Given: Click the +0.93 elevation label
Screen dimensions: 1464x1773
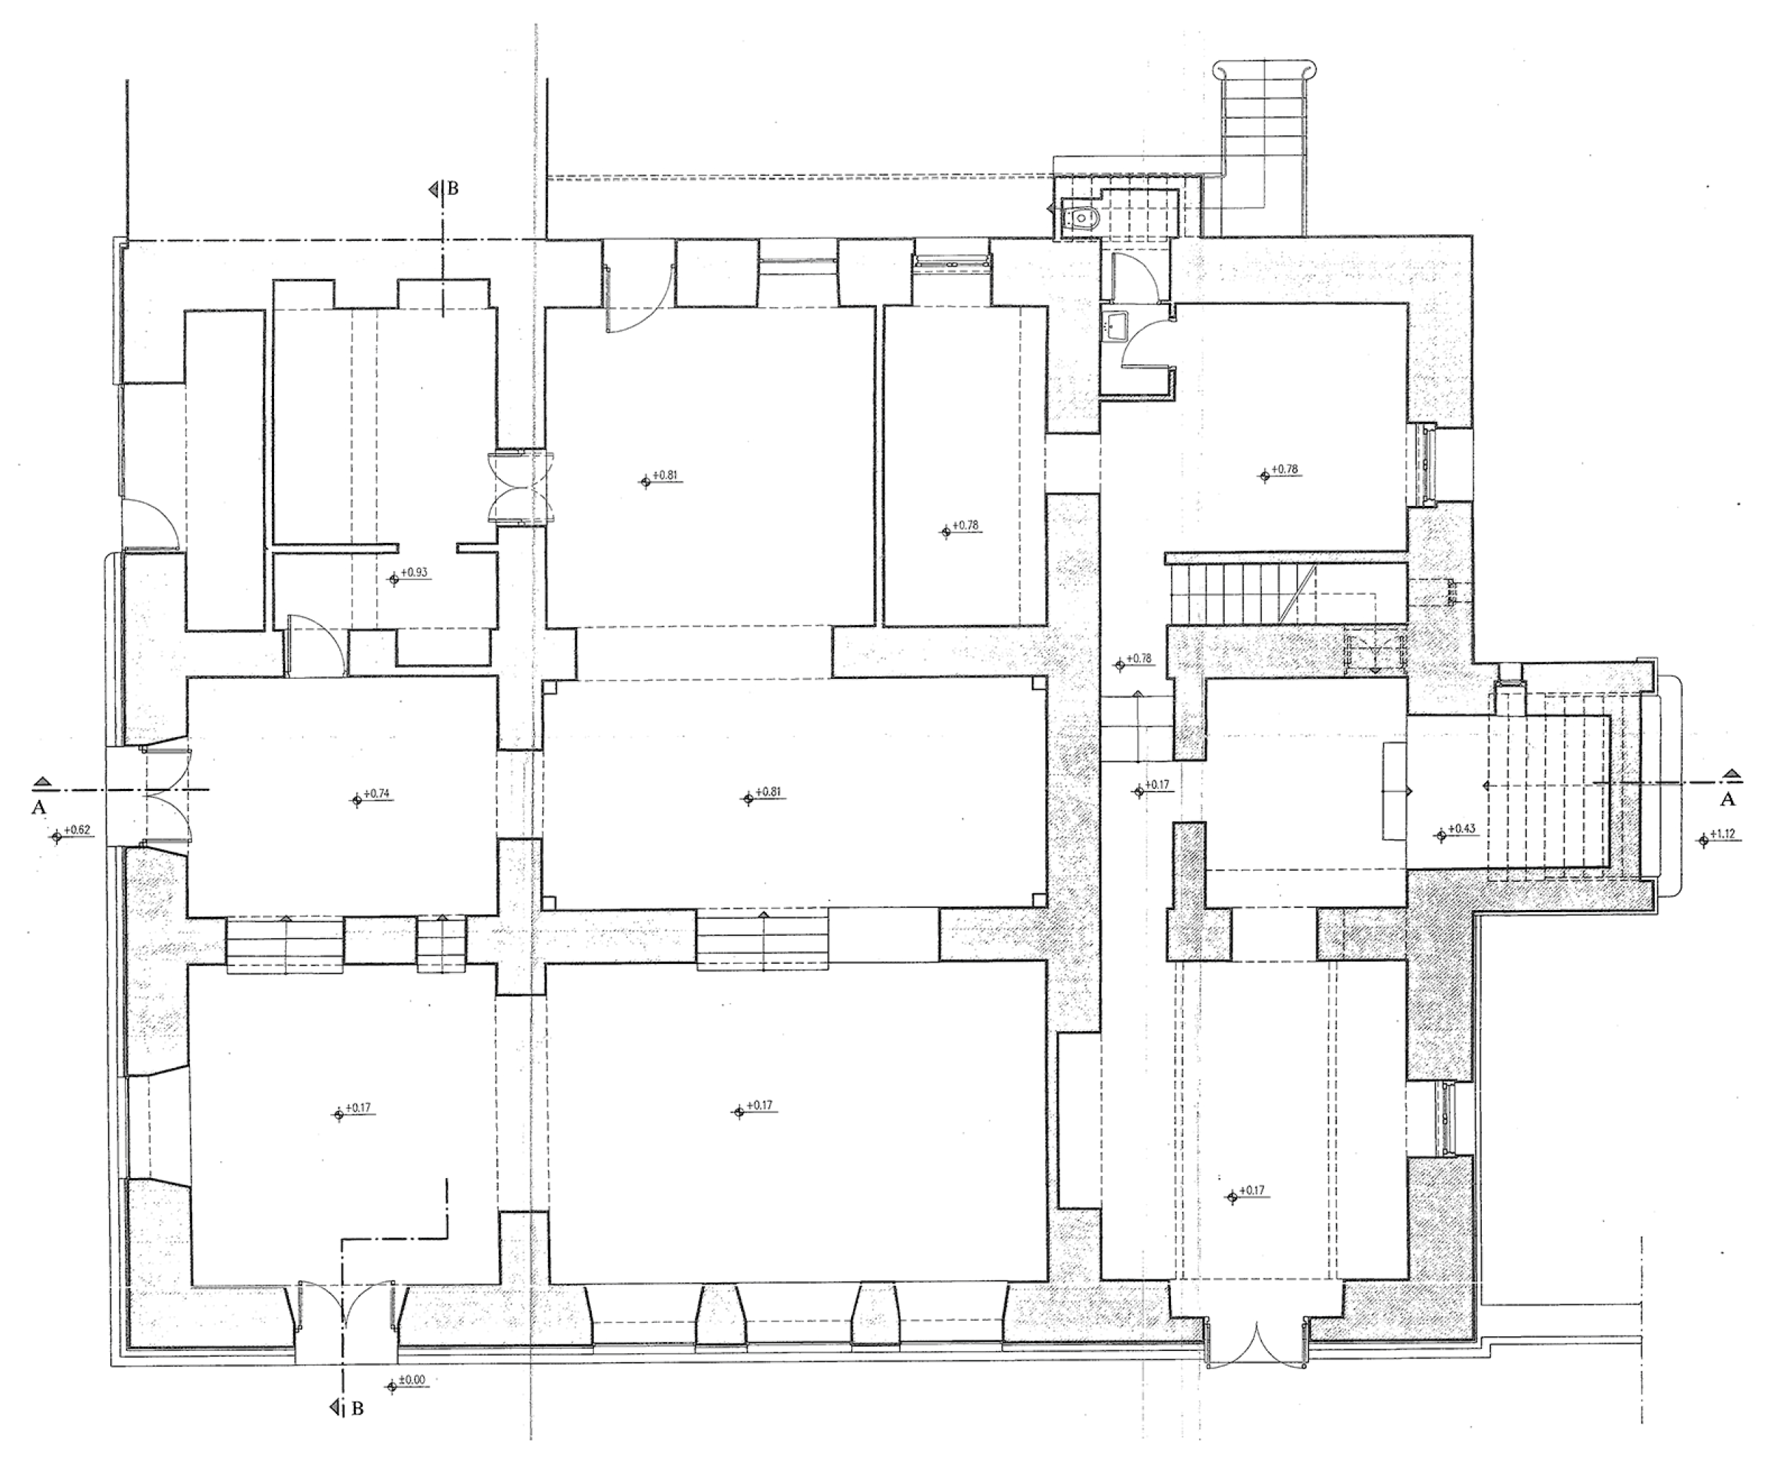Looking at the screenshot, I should [414, 572].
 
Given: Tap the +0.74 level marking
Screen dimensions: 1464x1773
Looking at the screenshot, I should [377, 793].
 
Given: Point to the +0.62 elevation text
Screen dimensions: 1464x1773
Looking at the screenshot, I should [77, 830].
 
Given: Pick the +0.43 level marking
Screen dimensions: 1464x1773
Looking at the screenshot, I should [1462, 829].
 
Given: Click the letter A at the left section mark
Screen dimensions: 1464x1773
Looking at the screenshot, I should [38, 808].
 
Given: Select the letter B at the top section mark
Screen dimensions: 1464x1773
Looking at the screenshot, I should [452, 189].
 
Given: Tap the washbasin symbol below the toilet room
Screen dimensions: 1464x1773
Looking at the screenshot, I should [1115, 325].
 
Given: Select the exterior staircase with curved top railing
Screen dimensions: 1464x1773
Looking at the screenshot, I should [1262, 143].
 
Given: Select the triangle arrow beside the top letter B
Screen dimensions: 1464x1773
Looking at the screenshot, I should [434, 189].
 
